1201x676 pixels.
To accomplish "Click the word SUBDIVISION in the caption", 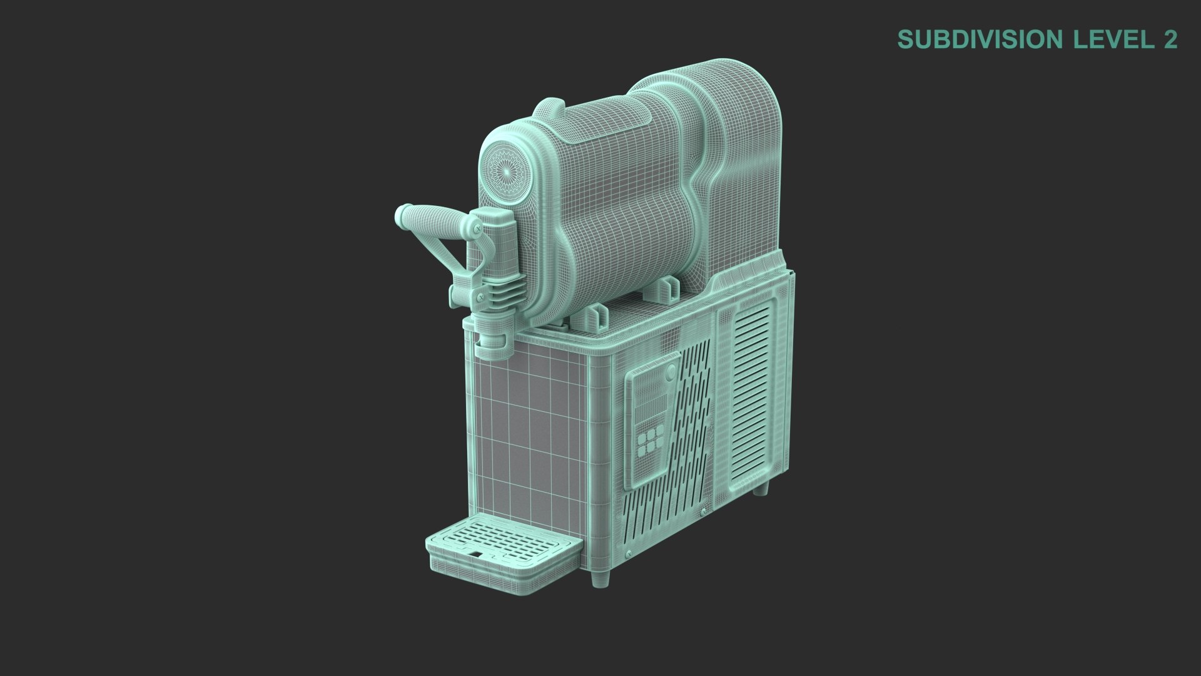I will pos(981,39).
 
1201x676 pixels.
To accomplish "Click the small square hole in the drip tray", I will pos(477,555).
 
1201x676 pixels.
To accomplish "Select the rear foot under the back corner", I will pos(759,488).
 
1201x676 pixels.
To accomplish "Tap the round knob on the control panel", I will pos(671,374).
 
